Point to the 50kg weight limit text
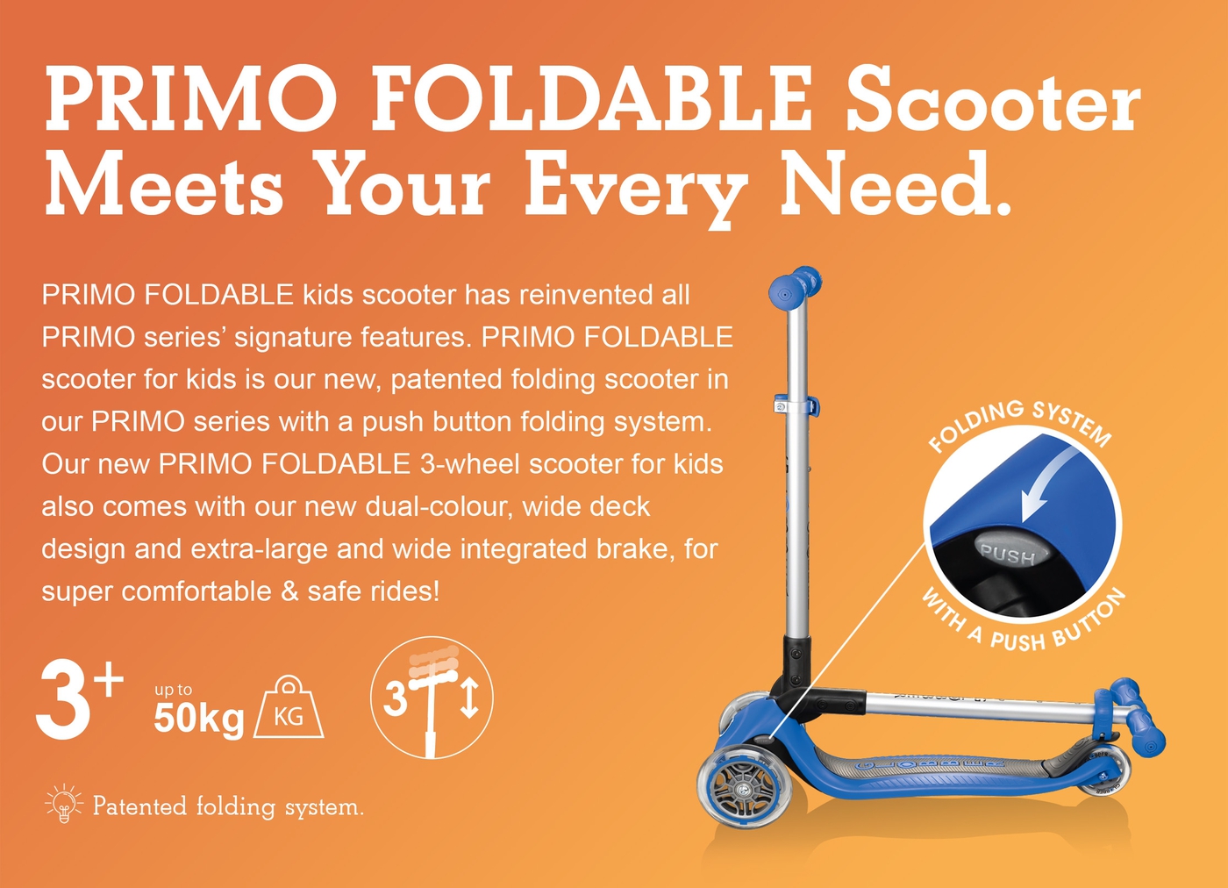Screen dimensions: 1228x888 click(199, 718)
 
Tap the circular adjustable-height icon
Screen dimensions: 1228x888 click(432, 698)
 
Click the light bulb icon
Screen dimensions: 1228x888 click(64, 804)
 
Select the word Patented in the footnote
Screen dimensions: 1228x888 click(139, 806)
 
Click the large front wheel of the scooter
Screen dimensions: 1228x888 click(745, 791)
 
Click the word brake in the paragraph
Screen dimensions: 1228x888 click(635, 549)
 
